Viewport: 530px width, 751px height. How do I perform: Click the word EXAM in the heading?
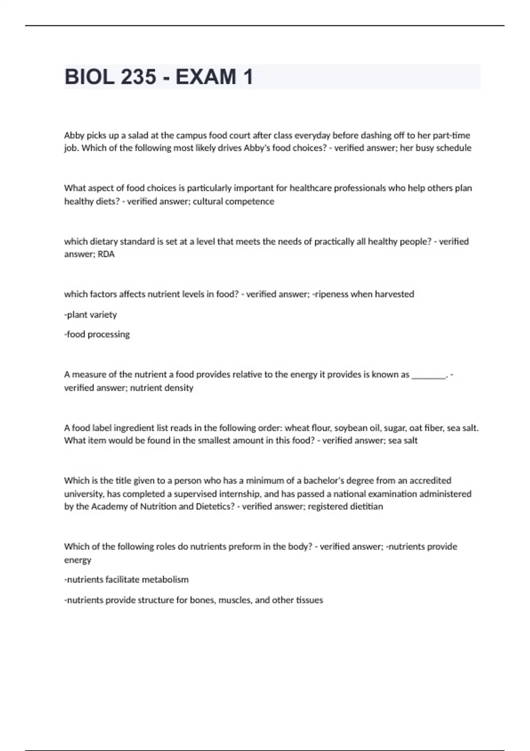pyautogui.click(x=206, y=77)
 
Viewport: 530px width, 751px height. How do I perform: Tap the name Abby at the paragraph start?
pyautogui.click(x=74, y=135)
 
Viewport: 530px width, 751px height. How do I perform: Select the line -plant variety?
pyautogui.click(x=91, y=315)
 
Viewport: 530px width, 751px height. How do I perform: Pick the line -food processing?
pyautogui.click(x=97, y=334)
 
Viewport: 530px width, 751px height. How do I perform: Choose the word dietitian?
pyautogui.click(x=366, y=507)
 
